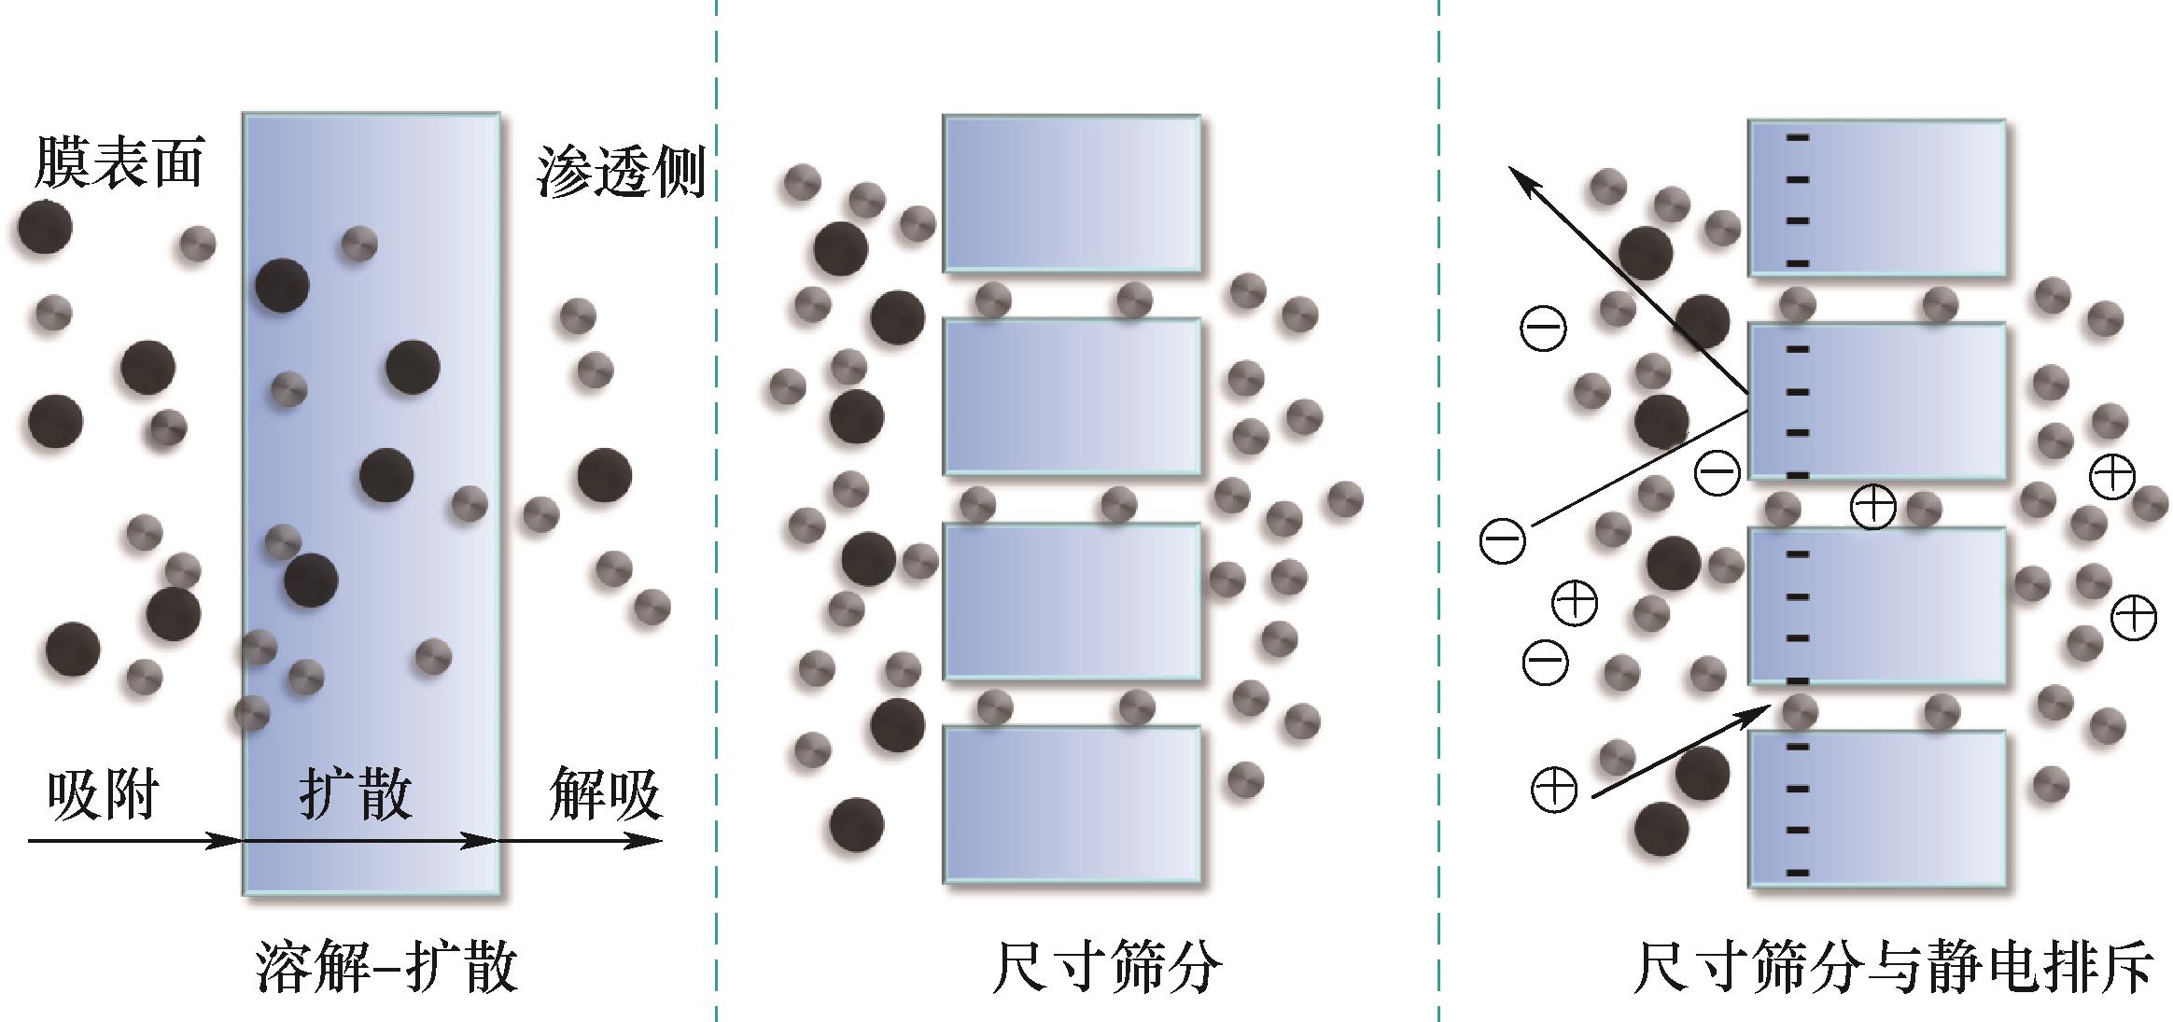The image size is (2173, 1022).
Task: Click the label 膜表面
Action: click(x=119, y=161)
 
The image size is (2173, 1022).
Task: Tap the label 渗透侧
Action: click(x=620, y=172)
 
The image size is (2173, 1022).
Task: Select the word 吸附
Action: click(x=103, y=794)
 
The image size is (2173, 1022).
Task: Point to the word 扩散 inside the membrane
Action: click(x=356, y=794)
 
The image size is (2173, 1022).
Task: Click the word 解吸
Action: click(x=606, y=794)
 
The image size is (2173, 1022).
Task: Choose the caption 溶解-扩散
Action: click(x=386, y=967)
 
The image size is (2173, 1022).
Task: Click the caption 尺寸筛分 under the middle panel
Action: click(x=1106, y=967)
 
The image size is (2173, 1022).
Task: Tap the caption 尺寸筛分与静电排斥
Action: click(x=1894, y=967)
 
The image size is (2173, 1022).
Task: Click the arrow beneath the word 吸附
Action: click(x=135, y=841)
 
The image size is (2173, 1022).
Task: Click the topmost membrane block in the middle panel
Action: click(x=1072, y=193)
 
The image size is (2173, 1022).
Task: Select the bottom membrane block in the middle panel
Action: click(x=1072, y=805)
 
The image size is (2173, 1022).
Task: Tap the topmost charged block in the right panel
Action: click(x=1877, y=197)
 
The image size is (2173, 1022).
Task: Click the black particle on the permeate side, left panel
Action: click(x=604, y=475)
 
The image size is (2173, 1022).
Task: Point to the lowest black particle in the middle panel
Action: click(x=856, y=824)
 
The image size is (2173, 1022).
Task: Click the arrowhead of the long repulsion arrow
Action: click(x=1520, y=177)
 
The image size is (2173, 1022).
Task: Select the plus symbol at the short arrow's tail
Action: click(x=1554, y=790)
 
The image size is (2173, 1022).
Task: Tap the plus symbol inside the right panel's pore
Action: click(x=1872, y=507)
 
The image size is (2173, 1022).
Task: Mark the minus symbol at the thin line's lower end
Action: click(x=1503, y=540)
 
